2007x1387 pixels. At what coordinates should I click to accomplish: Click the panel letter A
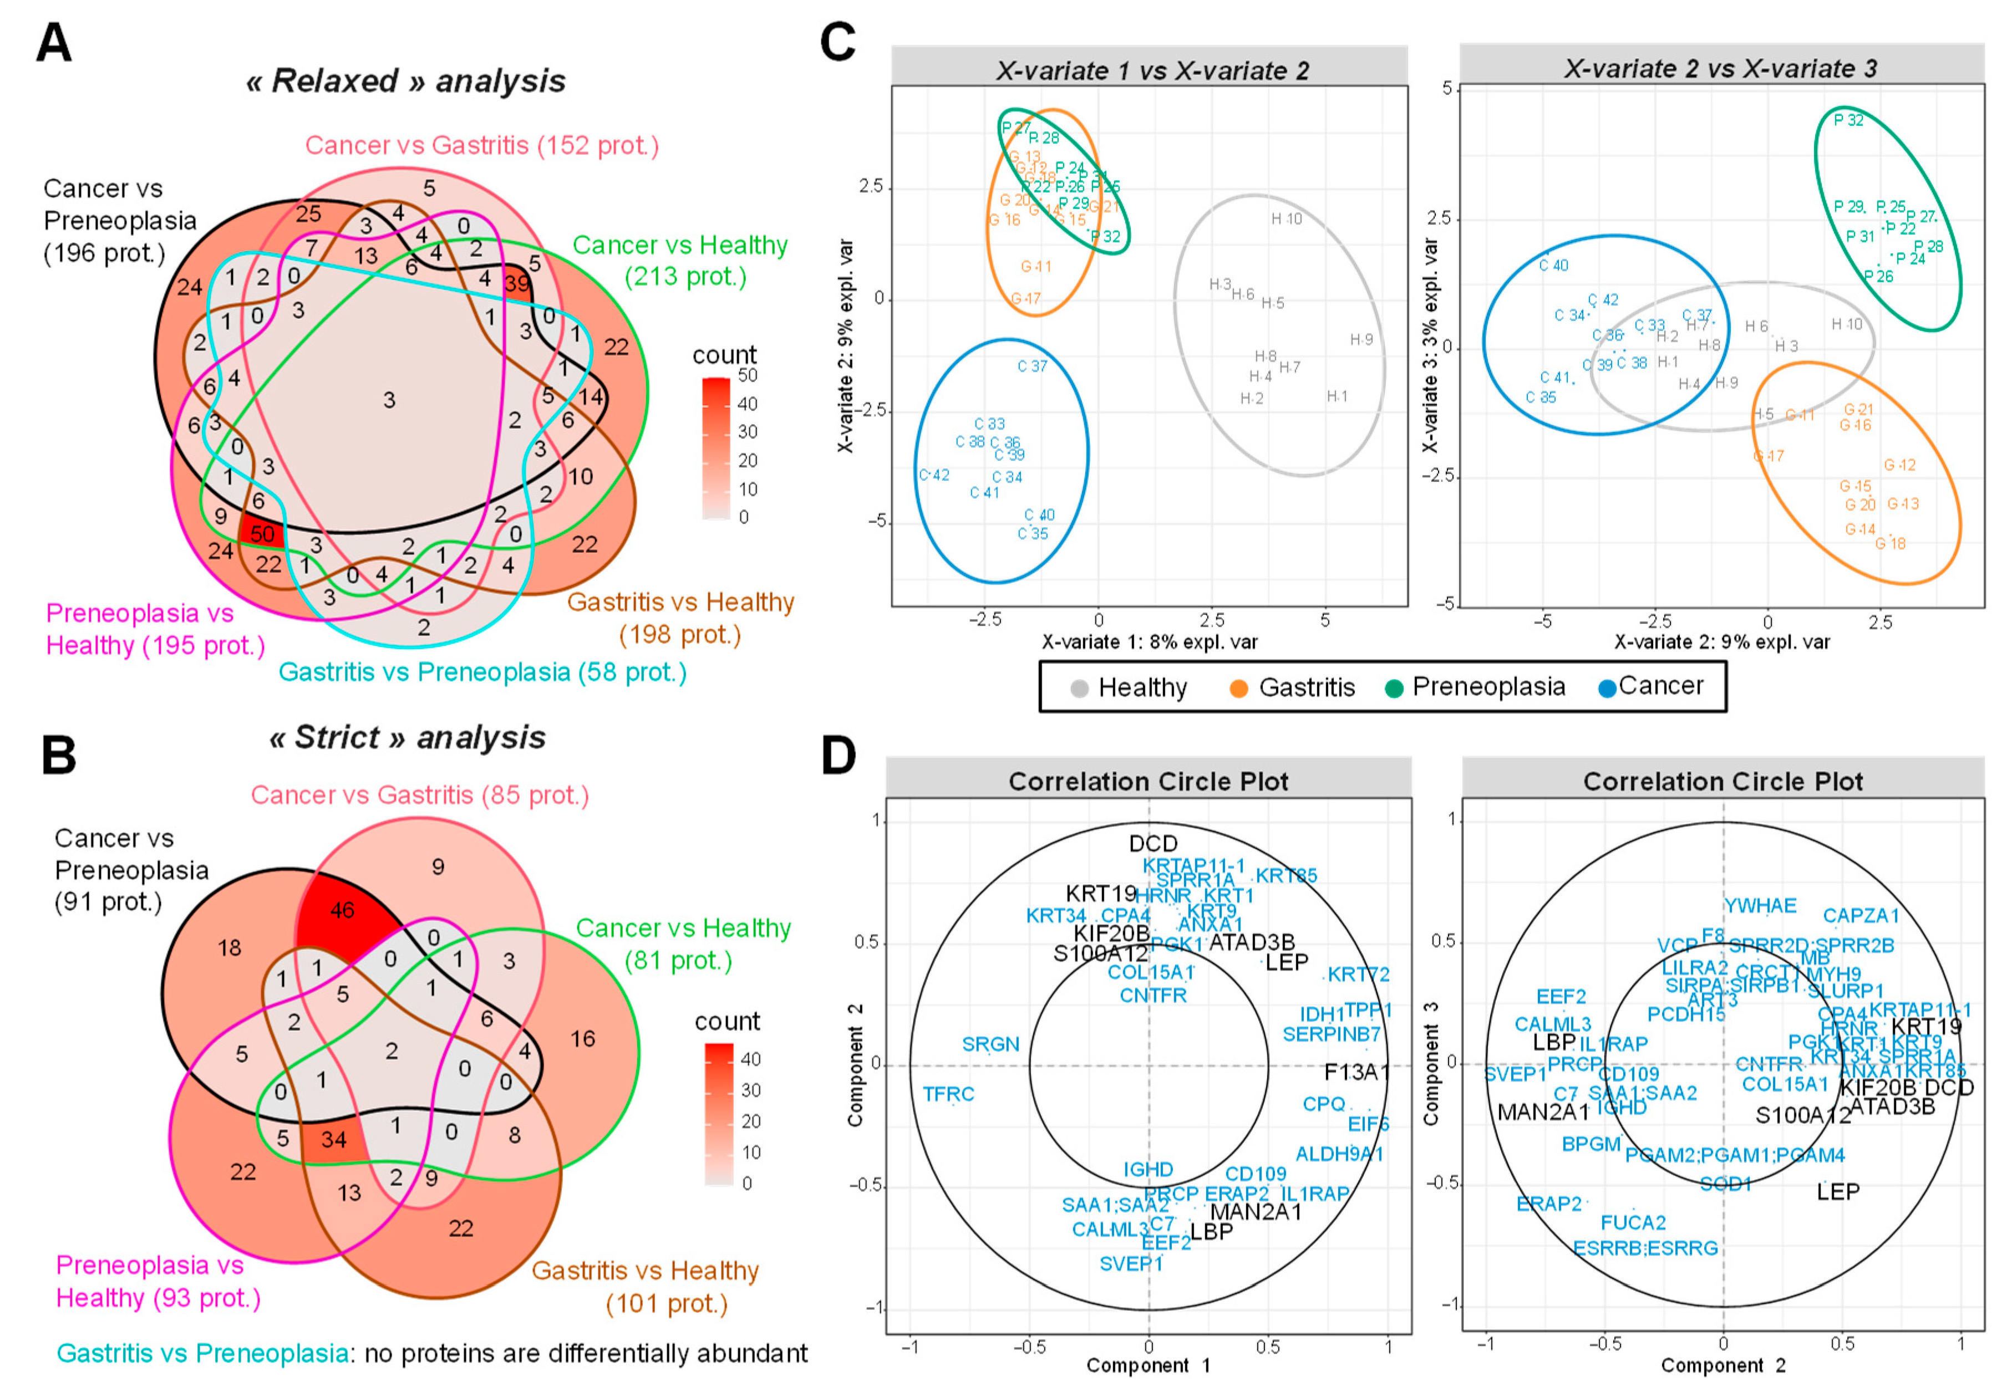coord(53,43)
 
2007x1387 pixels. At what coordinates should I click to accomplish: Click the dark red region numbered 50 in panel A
coord(262,534)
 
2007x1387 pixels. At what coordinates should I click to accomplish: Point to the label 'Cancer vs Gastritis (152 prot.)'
coord(481,145)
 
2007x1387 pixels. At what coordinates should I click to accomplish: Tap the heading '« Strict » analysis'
coord(407,738)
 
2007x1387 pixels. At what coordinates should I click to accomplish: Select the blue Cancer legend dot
coord(1607,689)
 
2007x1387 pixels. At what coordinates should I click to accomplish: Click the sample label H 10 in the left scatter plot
coord(1287,219)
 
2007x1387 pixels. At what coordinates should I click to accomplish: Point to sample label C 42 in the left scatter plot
coord(934,475)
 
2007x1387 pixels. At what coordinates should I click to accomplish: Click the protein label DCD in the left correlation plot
coord(1152,844)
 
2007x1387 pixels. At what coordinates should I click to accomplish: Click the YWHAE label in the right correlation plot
coord(1760,906)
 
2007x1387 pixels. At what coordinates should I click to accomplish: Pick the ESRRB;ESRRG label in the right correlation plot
coord(1645,1248)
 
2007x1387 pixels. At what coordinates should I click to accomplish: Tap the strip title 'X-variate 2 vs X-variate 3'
coord(1720,69)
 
